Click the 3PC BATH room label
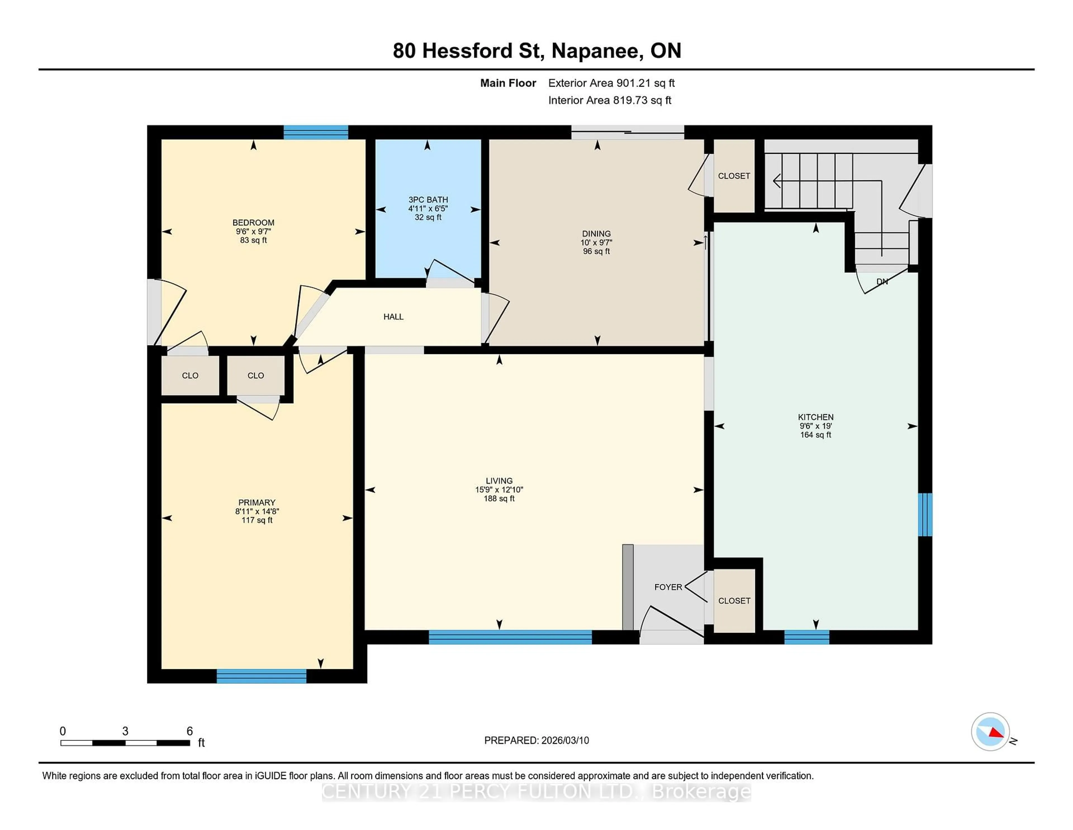tap(428, 200)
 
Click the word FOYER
tap(668, 587)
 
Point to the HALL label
tap(393, 317)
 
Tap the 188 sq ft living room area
tap(499, 499)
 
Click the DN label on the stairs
tap(882, 282)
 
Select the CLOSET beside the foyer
tap(734, 601)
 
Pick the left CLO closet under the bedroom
tap(190, 376)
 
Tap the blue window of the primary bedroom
tap(261, 676)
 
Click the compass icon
tap(990, 732)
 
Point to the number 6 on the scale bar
tap(190, 731)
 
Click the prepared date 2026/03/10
tap(564, 741)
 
